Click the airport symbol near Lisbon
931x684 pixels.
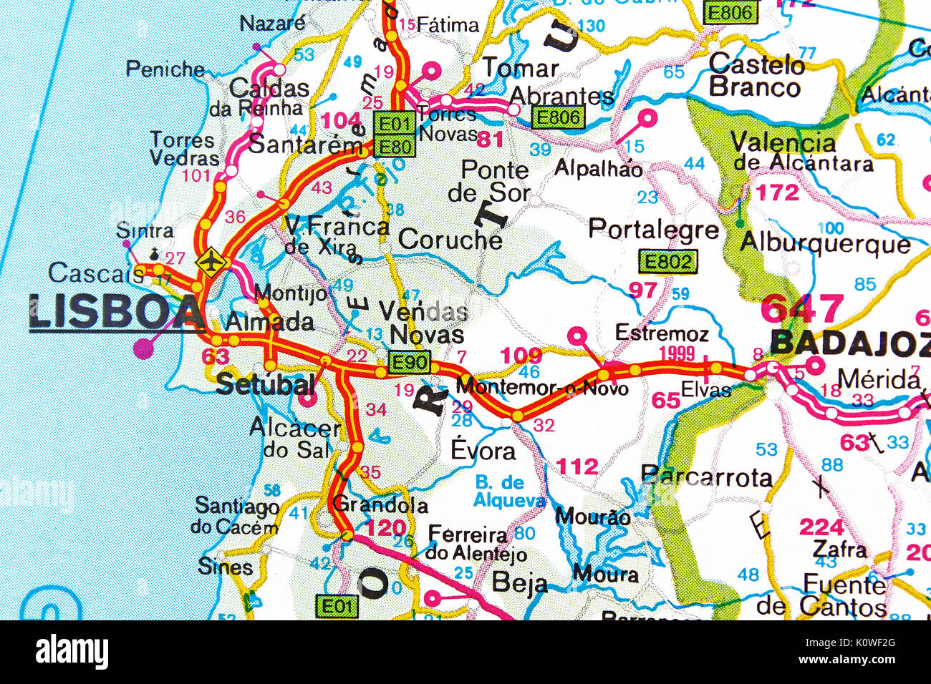[211, 262]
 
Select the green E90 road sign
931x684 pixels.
[410, 363]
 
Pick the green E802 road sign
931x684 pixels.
[667, 262]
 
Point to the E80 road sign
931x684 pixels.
[394, 147]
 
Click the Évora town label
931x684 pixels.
[483, 451]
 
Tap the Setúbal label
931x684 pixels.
[265, 384]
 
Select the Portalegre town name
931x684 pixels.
[653, 229]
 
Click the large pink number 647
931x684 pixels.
[802, 309]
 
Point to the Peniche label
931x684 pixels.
[165, 69]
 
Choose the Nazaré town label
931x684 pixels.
[272, 24]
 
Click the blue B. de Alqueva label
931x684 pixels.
[508, 492]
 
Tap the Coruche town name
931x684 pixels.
[450, 240]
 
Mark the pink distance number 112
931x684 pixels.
[577, 467]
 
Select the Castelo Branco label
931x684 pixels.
[756, 75]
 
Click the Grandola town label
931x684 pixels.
[380, 504]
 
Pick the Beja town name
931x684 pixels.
[519, 584]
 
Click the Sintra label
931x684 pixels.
[145, 231]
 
